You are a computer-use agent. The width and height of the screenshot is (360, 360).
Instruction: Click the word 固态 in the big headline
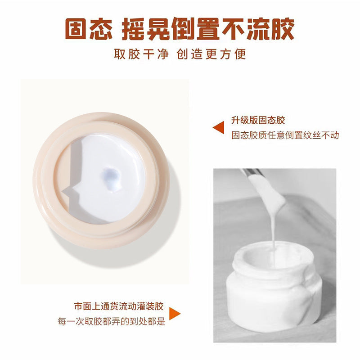(x=89, y=29)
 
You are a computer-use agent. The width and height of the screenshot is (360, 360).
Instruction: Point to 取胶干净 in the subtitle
(x=141, y=54)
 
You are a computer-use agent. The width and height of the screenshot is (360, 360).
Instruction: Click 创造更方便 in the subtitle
(x=211, y=54)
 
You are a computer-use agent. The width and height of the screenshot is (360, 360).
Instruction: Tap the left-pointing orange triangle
(x=219, y=127)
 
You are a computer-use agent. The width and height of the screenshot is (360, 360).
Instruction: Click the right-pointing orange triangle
(x=175, y=314)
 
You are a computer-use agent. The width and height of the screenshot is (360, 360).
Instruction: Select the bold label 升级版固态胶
(x=258, y=120)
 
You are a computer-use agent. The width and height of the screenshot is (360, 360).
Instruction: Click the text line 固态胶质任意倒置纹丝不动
(x=285, y=135)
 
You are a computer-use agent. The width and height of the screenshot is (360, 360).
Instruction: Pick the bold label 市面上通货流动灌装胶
(x=119, y=306)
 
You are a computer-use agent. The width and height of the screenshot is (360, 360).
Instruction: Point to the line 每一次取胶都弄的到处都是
(x=111, y=321)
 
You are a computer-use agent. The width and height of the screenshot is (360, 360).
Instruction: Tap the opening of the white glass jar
(x=273, y=256)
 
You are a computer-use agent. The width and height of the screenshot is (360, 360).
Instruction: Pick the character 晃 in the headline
(x=158, y=29)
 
